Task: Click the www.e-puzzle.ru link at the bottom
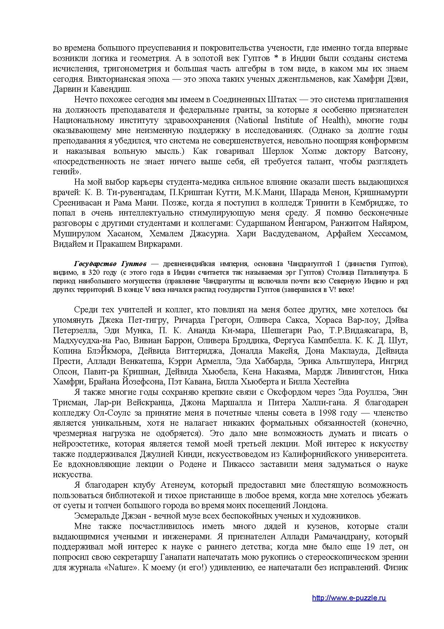pyautogui.click(x=349, y=598)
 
